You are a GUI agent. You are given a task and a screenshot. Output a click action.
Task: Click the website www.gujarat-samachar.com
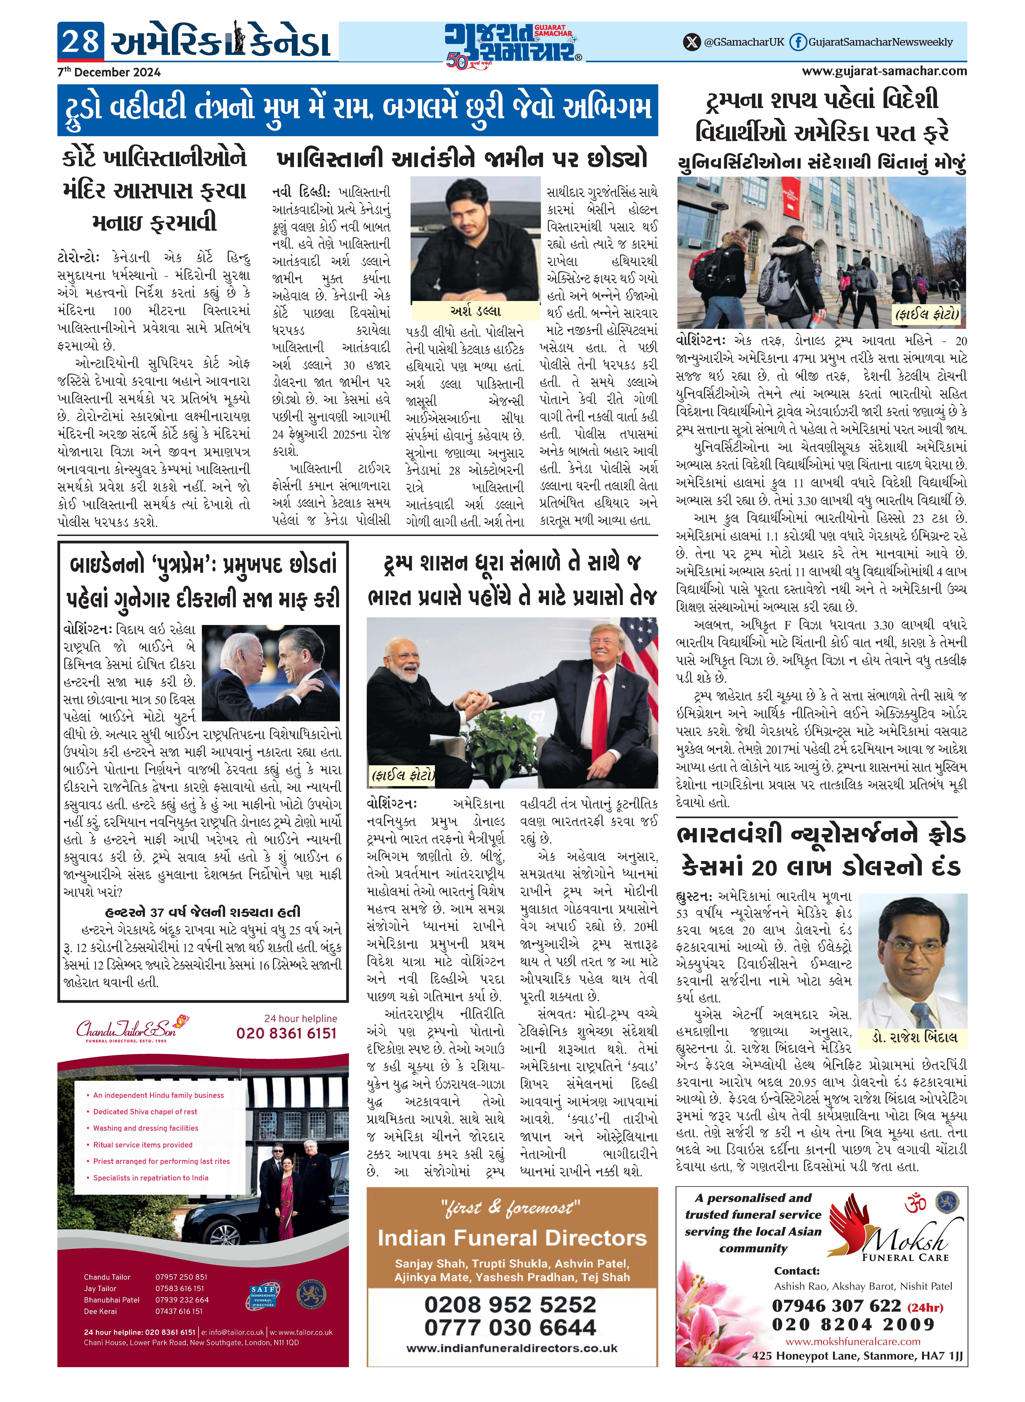(x=884, y=71)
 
